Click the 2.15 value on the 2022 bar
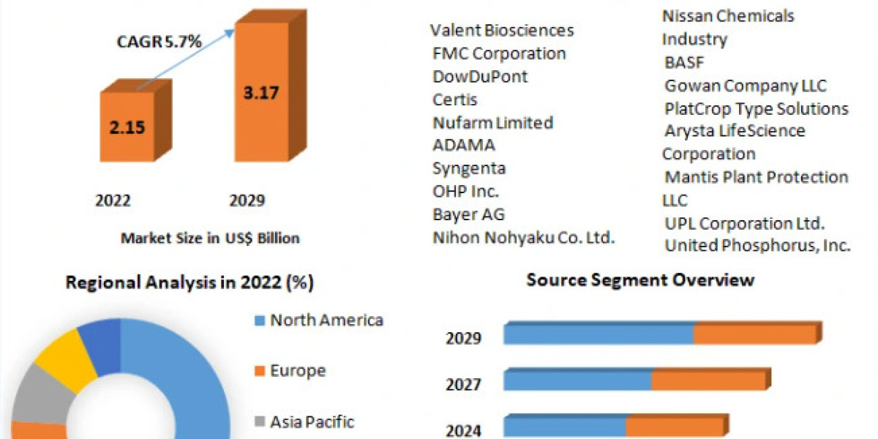tap(127, 127)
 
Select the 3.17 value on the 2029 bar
tap(261, 93)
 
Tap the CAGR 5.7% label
tap(160, 42)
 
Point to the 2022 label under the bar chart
tap(113, 200)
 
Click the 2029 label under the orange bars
tap(247, 200)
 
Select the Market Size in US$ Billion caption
tap(210, 238)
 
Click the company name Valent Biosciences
tap(502, 30)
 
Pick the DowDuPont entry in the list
tap(480, 76)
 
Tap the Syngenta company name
tap(469, 168)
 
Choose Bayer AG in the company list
tap(469, 214)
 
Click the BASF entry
tap(684, 62)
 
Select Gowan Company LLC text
tap(746, 86)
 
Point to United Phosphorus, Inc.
tap(757, 246)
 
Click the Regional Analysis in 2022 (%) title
tap(190, 282)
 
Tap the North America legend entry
tap(326, 320)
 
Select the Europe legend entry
tap(298, 371)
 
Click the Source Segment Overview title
tap(640, 279)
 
